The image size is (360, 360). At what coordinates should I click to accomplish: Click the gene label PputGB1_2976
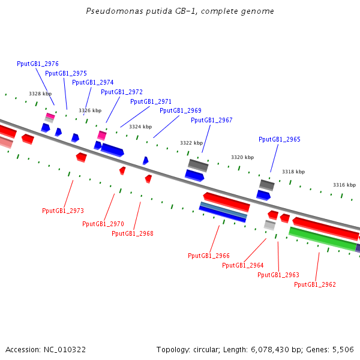[x=38, y=64]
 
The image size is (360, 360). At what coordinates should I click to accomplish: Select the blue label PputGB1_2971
[x=151, y=101]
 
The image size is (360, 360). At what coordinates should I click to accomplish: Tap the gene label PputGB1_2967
[x=211, y=120]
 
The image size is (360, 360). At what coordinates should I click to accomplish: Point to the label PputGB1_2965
[x=279, y=139]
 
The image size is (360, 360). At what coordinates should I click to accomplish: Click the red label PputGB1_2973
[x=62, y=211]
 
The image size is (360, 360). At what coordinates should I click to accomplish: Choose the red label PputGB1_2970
[x=103, y=224]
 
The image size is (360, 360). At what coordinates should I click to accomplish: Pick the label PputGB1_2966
[x=208, y=256]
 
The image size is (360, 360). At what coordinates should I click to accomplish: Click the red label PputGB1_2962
[x=314, y=284]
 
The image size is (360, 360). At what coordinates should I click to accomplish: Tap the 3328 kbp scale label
[x=40, y=94]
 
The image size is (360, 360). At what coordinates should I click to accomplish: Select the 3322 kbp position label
[x=191, y=143]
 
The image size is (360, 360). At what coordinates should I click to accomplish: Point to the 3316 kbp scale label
[x=344, y=185]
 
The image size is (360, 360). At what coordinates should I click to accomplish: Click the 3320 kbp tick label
[x=242, y=157]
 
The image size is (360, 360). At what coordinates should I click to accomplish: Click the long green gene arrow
[x=323, y=239]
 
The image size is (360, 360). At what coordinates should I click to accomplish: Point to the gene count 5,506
[x=343, y=349]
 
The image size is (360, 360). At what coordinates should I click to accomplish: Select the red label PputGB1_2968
[x=132, y=233]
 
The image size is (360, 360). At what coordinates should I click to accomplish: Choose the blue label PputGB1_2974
[x=92, y=82]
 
